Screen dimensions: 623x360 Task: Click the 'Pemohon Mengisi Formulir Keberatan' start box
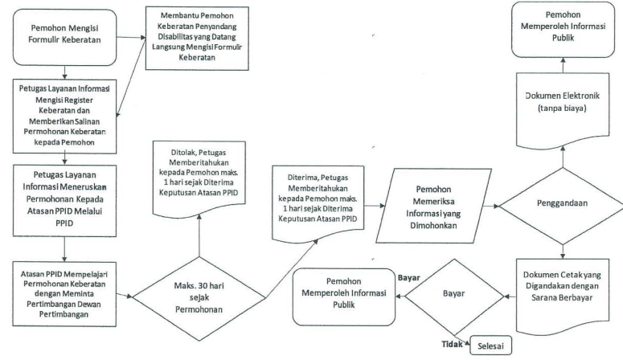coord(64,37)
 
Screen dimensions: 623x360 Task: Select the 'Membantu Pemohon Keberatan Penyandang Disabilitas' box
coord(197,38)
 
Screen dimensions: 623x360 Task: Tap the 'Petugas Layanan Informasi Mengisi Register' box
coord(64,116)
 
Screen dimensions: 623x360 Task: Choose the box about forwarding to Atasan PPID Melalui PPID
coord(64,201)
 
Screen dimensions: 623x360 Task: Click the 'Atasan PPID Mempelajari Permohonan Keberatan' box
coord(64,294)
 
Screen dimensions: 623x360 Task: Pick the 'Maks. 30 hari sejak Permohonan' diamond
coord(199,298)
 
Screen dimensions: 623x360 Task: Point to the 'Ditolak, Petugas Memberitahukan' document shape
coord(199,179)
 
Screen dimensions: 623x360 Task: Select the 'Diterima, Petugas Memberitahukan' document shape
coord(318,203)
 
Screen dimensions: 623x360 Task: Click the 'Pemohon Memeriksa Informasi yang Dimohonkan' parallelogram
coord(433,206)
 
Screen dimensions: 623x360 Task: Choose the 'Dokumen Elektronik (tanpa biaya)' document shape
coord(563,109)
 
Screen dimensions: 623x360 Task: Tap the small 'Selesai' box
coord(490,346)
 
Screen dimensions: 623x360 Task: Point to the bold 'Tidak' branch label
coord(452,344)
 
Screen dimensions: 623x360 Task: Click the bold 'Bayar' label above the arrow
coord(409,278)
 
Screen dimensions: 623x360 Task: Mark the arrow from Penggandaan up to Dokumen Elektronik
coord(563,157)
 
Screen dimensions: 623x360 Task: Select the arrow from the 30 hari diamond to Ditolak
coord(199,235)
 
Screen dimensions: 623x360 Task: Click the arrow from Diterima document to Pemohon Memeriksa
coord(375,206)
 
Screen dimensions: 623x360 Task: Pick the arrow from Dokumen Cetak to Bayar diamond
coord(510,297)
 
